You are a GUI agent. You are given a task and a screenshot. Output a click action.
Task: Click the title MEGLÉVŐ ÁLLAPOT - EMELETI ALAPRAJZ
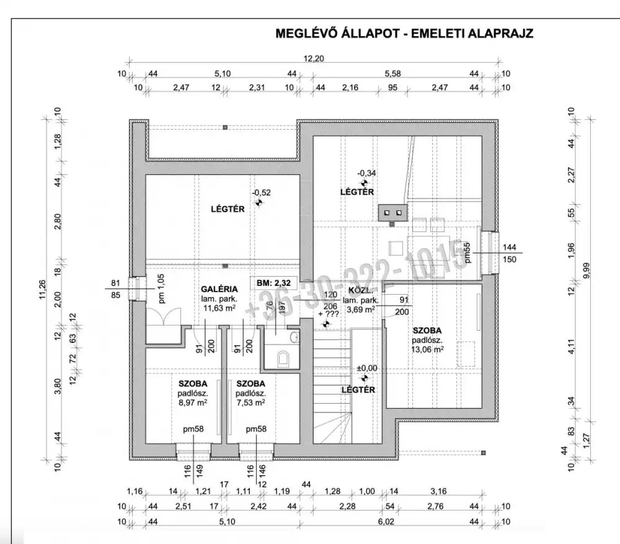coord(404,33)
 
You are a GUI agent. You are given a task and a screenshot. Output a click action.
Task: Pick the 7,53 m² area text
coord(250,402)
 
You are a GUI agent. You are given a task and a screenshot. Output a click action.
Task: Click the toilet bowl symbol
coord(283,358)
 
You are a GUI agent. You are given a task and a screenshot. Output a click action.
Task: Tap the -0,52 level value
coord(260,192)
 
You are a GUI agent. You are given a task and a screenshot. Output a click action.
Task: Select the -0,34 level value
coord(366,174)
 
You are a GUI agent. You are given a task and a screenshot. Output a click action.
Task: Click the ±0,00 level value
coord(367,368)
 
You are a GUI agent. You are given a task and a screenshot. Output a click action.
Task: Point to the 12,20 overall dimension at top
coord(314,59)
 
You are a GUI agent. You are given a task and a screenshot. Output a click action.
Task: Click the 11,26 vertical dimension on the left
coord(43,288)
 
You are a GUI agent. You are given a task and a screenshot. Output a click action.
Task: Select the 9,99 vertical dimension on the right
coord(586,271)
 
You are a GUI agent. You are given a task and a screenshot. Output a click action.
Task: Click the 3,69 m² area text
coord(362,309)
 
